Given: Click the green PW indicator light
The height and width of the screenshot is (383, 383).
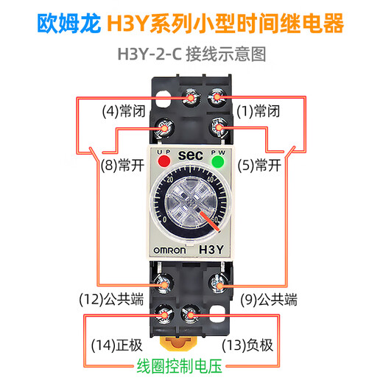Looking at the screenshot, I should [x=218, y=161].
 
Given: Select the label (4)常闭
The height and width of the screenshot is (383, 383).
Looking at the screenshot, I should [x=122, y=112].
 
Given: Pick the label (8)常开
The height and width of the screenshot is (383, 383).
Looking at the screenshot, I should [x=122, y=166].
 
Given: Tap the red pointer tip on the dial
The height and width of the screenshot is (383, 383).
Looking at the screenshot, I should [x=217, y=220].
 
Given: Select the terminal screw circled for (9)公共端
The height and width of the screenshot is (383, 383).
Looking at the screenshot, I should [x=218, y=283].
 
